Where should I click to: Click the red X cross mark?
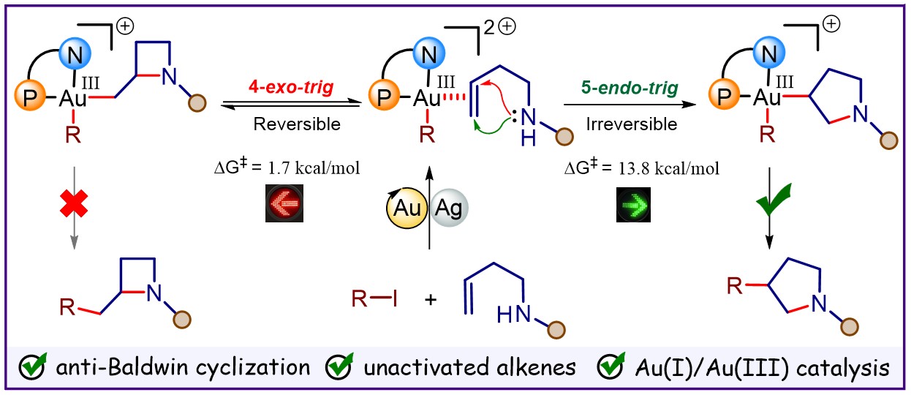[x=74, y=204]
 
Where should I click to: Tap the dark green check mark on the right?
[x=774, y=200]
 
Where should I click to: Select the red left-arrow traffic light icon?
[x=284, y=203]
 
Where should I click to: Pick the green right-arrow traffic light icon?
[x=633, y=205]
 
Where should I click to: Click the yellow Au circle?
[x=407, y=208]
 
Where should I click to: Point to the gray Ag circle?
[x=449, y=208]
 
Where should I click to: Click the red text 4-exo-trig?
[x=291, y=87]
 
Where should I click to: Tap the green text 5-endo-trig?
[x=630, y=88]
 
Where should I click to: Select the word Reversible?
[x=297, y=124]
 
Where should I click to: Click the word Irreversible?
[x=632, y=124]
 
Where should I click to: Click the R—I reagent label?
[x=374, y=299]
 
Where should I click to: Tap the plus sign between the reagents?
[x=431, y=300]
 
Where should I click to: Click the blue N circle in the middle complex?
[x=429, y=53]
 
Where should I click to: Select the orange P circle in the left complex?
[x=30, y=96]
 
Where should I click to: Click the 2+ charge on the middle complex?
[x=499, y=27]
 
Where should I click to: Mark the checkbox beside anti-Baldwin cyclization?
[x=32, y=367]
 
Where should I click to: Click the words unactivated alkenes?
[x=469, y=367]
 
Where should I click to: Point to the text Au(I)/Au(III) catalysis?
[x=762, y=368]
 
